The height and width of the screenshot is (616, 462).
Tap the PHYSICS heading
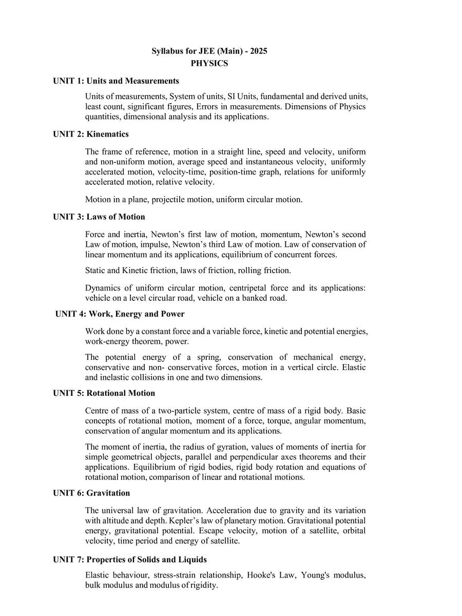coord(209,64)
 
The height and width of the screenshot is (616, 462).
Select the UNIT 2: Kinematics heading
coord(91,134)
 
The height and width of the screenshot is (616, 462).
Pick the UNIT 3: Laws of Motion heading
coord(99,217)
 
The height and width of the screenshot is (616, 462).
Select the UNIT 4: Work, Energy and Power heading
coord(120,314)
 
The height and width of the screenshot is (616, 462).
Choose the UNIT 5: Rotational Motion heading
coord(104,393)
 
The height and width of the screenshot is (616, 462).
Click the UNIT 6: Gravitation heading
coord(91,493)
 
